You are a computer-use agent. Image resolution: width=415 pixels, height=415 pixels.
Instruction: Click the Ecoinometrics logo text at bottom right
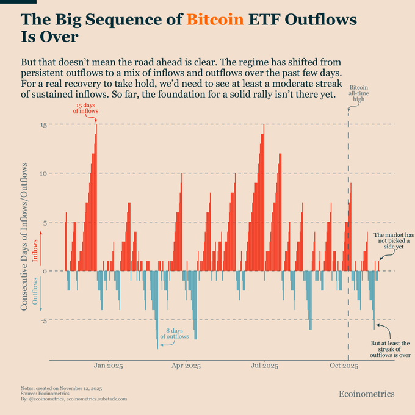pos(366,394)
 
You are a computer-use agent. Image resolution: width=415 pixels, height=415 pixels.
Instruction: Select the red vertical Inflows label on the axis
pos(35,251)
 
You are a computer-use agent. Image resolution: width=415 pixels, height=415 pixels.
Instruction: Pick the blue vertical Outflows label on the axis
pos(35,290)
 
